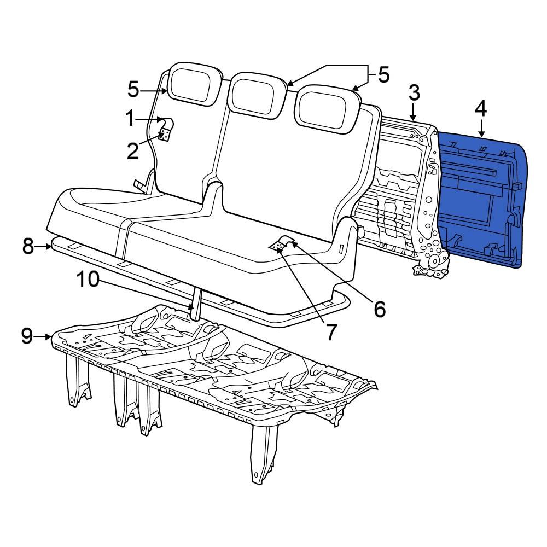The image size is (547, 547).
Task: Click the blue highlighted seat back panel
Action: point(481,202)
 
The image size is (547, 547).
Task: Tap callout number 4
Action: point(480,109)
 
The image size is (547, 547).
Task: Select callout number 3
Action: point(414,92)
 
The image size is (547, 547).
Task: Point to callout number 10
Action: point(88,280)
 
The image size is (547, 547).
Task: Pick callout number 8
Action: point(28,247)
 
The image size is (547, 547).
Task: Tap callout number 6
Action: point(379,309)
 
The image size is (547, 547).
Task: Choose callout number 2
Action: point(133,152)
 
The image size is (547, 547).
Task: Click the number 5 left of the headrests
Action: point(134,89)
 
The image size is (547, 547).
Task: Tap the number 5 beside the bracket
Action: point(383,75)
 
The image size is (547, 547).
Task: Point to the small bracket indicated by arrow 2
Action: point(164,135)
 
